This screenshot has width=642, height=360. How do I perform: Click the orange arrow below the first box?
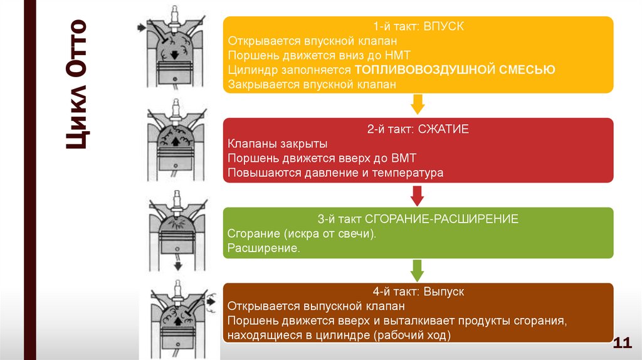pyautogui.click(x=418, y=104)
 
